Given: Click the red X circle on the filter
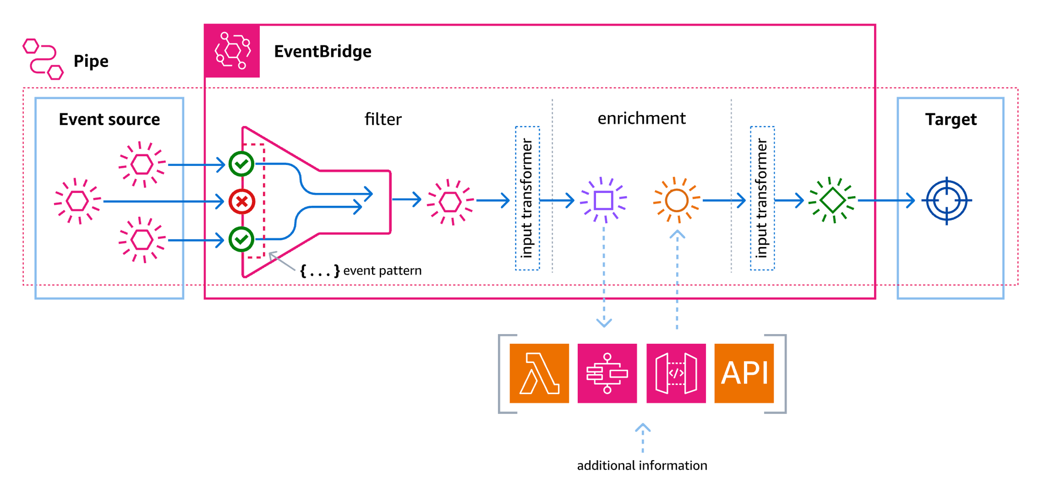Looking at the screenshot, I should point(241,202).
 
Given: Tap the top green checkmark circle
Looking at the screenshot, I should point(241,164).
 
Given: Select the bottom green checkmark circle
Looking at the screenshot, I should point(241,239).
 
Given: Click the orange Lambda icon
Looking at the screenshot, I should point(539,373).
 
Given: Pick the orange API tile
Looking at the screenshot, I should point(744,373).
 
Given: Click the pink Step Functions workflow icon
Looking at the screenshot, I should point(607,373).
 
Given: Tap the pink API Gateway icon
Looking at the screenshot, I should point(676,373).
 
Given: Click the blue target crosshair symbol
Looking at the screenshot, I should point(946,201).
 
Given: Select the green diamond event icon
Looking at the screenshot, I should point(832,200).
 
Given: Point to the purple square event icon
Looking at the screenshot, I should point(603,201).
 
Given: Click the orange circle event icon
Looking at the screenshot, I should point(676,201).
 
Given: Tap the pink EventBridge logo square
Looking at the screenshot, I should point(232,51).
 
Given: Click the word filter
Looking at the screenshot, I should point(383,119).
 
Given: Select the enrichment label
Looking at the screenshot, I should point(641,118).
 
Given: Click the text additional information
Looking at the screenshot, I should point(642,466).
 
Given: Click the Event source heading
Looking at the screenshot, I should point(109,120).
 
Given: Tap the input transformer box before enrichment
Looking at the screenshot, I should point(527,198).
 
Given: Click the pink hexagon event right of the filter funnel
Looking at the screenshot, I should point(450,202).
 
